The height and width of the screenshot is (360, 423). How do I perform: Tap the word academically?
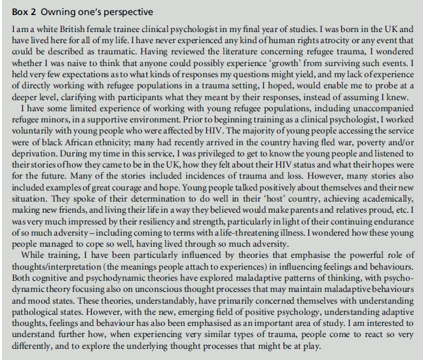click(382, 207)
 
